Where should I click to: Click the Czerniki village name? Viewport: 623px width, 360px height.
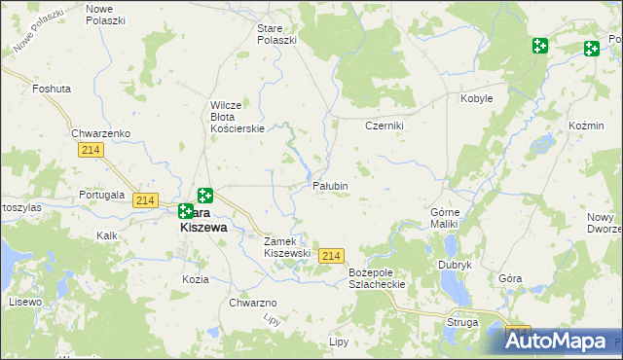click(x=384, y=126)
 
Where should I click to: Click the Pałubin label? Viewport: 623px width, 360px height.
click(x=330, y=185)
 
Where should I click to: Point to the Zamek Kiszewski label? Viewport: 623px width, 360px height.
click(x=287, y=246)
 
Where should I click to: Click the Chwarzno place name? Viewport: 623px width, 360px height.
click(x=254, y=303)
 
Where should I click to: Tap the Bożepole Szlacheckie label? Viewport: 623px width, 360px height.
click(x=377, y=277)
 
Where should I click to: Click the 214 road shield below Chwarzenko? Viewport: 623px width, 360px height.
click(x=92, y=148)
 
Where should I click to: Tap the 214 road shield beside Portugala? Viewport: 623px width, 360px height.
click(x=145, y=200)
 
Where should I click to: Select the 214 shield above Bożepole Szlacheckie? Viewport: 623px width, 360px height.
click(x=331, y=255)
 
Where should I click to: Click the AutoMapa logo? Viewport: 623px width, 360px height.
click(x=559, y=341)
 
